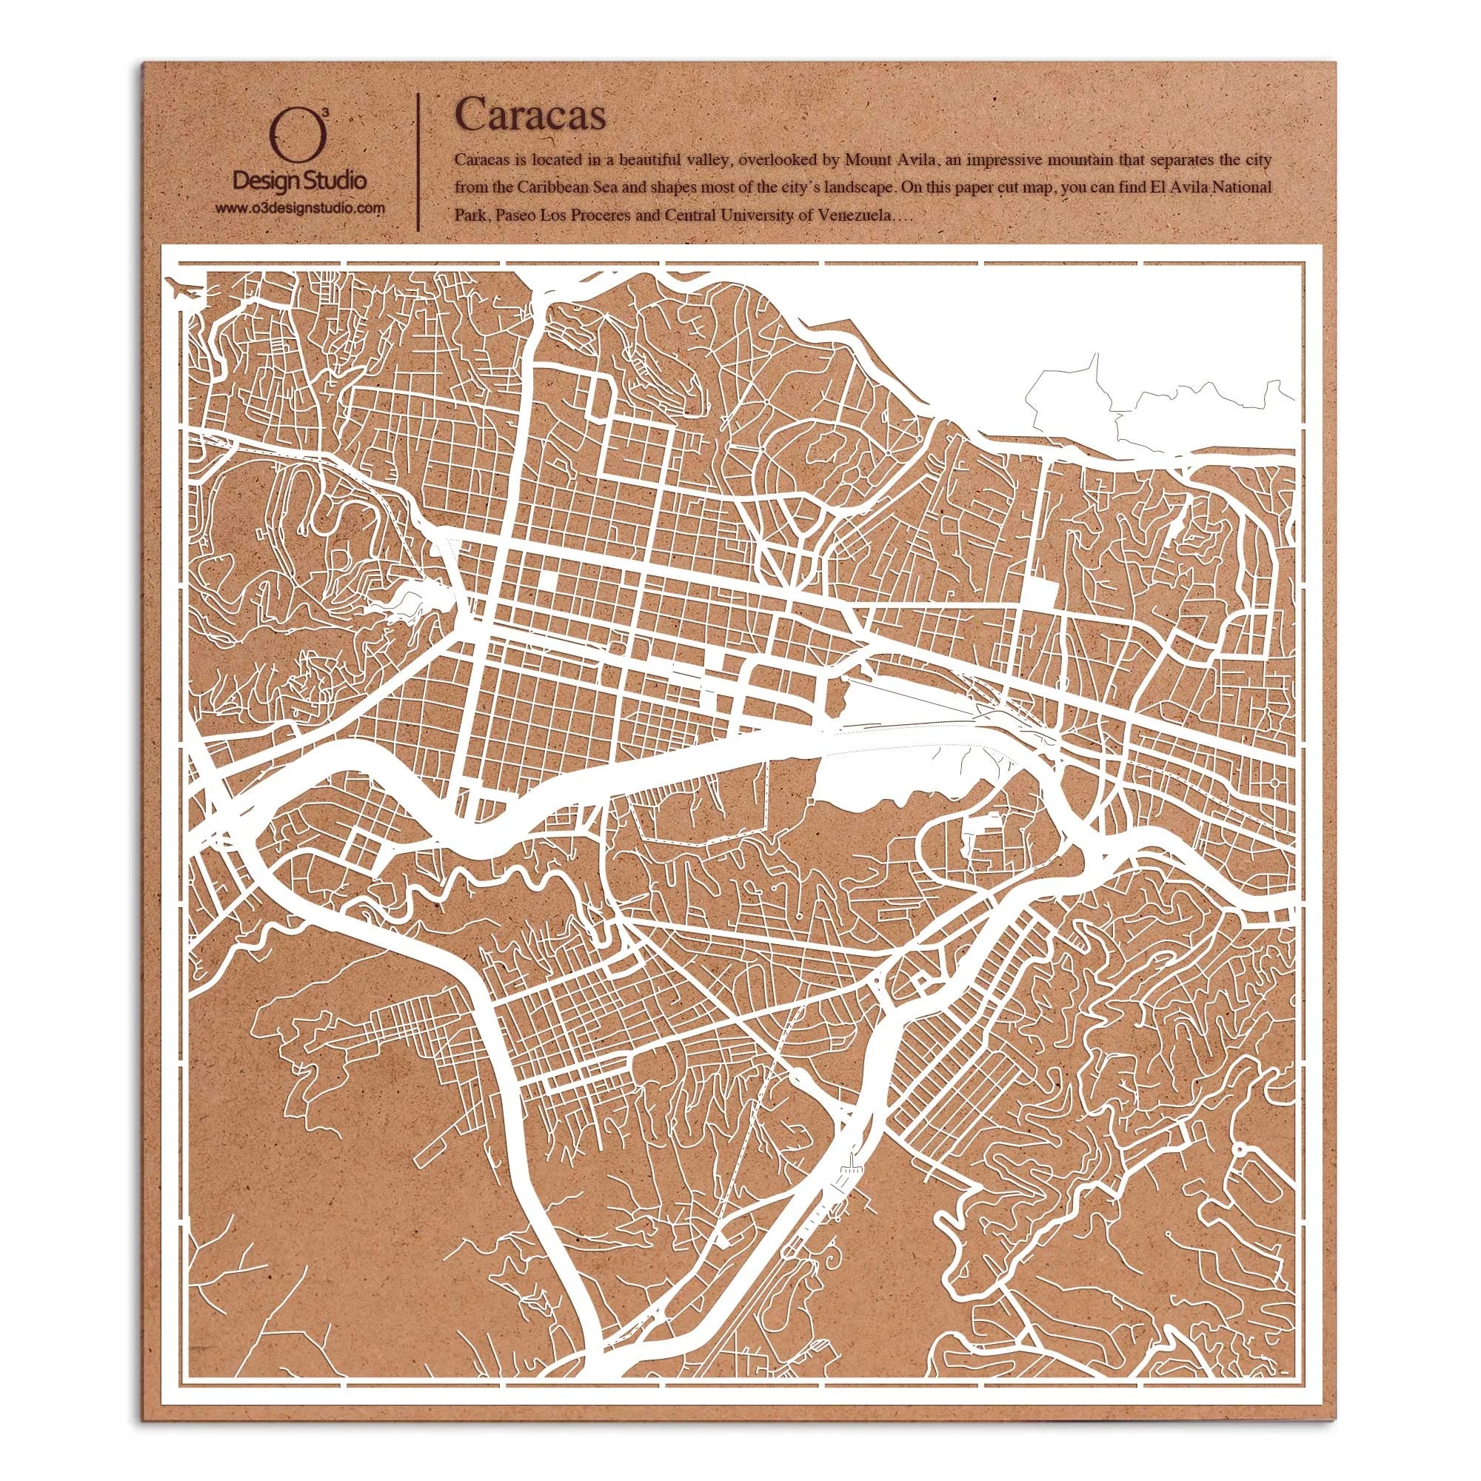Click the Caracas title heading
[529, 115]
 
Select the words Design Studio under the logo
[300, 182]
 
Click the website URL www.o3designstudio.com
[300, 208]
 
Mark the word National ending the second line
[1245, 187]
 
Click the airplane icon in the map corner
[187, 290]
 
